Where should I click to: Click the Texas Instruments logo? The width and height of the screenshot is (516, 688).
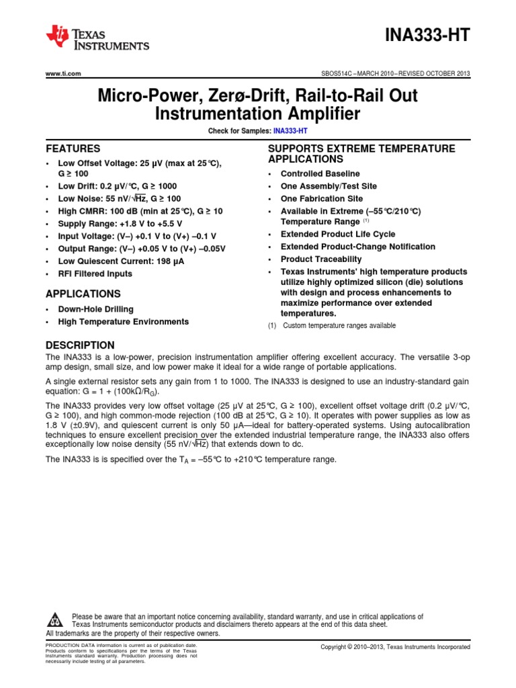(x=97, y=38)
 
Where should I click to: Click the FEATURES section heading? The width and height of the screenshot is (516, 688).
(x=73, y=148)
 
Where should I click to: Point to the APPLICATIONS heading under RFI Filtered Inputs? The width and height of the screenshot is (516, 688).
(x=83, y=294)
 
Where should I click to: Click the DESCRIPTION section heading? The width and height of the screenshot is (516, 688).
(x=79, y=345)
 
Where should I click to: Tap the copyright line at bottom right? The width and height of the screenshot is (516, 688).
(x=396, y=647)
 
